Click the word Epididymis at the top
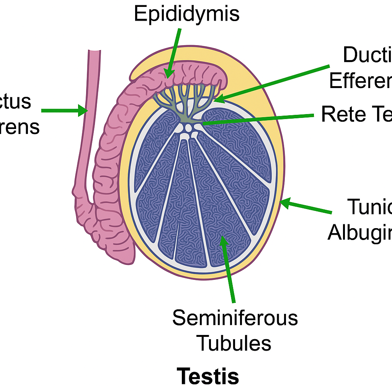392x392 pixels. tap(186, 14)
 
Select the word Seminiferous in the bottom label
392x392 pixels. tap(235, 318)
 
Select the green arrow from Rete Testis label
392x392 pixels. tap(260, 119)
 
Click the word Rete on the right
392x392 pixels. tap(337, 114)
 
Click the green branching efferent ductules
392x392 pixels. tap(184, 100)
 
